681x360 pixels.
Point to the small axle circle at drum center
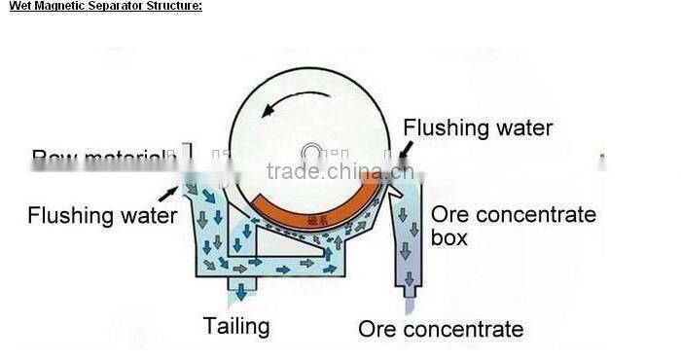pos(312,153)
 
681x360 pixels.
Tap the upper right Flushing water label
pos(478,127)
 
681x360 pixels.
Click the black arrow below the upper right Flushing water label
pos(403,149)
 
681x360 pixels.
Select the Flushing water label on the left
pos(102,214)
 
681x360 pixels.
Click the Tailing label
pos(236,325)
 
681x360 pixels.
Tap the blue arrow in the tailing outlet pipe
pos(239,286)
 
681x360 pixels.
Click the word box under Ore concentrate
pos(449,237)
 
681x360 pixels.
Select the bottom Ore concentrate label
pos(441,329)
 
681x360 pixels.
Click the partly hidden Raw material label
pos(98,157)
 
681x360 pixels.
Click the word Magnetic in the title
pos(54,6)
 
